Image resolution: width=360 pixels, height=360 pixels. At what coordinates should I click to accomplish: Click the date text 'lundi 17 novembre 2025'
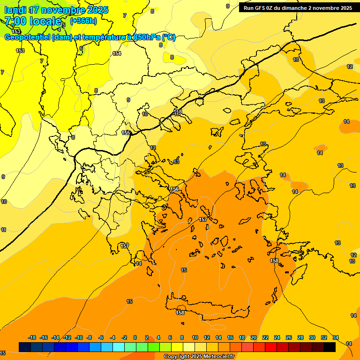pos(56,10)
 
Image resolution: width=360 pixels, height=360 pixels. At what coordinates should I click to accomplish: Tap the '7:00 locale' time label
pos(33,21)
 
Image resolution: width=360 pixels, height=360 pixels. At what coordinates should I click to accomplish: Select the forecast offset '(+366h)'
pos(83,21)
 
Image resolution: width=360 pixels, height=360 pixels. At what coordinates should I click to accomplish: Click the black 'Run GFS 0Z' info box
pos(298,8)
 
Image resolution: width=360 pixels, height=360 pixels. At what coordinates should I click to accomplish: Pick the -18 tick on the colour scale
pos(32,337)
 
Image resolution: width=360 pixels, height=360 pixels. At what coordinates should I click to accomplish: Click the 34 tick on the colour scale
pos(336,337)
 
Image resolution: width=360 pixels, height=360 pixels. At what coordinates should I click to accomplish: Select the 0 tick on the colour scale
pos(135,337)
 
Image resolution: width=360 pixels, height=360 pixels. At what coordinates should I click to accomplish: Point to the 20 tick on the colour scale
pos(254,337)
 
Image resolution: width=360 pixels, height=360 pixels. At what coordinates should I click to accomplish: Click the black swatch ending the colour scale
pos(330,347)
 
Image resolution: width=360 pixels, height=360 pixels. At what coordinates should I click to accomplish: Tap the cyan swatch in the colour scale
pos(119,347)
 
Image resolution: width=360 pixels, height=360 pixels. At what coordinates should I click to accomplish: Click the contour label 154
pos(117,54)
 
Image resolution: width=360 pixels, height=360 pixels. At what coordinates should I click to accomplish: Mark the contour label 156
pos(175,189)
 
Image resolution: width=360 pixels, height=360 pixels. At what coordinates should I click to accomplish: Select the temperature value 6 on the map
pos(81,48)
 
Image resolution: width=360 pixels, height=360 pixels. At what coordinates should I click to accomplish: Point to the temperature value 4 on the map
pos(59,29)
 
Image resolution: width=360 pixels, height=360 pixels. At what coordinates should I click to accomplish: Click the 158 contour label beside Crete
pos(180,313)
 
